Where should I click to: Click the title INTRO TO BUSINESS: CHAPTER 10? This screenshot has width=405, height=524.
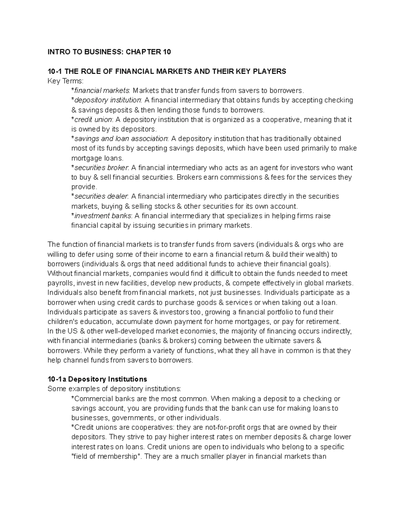(109, 52)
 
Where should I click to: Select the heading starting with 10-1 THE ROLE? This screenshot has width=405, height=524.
(167, 71)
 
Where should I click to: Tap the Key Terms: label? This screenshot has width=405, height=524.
(65, 81)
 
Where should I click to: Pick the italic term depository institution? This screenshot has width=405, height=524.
(108, 100)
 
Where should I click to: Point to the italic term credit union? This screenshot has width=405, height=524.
(93, 119)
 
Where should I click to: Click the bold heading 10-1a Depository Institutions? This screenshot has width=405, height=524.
(97, 379)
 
